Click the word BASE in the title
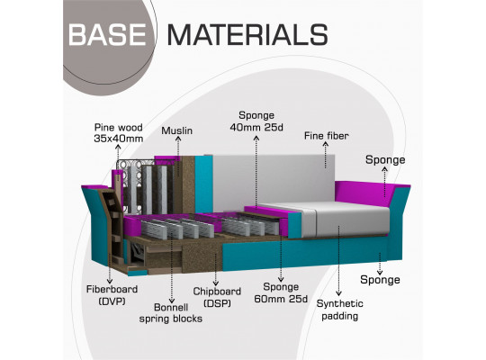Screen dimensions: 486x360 (107, 35)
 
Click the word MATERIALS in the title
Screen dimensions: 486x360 (247, 35)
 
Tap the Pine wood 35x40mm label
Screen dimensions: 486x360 (119, 133)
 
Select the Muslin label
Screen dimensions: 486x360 (176, 130)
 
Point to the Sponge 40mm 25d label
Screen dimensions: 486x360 (256, 121)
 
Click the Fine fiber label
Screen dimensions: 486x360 (326, 136)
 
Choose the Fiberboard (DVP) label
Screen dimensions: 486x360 (112, 295)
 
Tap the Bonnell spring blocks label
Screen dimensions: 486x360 (170, 313)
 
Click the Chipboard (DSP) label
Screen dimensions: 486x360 (217, 297)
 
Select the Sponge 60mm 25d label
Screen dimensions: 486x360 (281, 292)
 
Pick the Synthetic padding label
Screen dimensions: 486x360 (339, 310)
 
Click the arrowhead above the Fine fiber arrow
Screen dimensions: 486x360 (326, 144)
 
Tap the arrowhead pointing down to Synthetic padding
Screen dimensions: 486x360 (338, 293)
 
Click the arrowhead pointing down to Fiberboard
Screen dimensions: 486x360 (110, 281)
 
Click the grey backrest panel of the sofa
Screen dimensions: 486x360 (273, 179)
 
